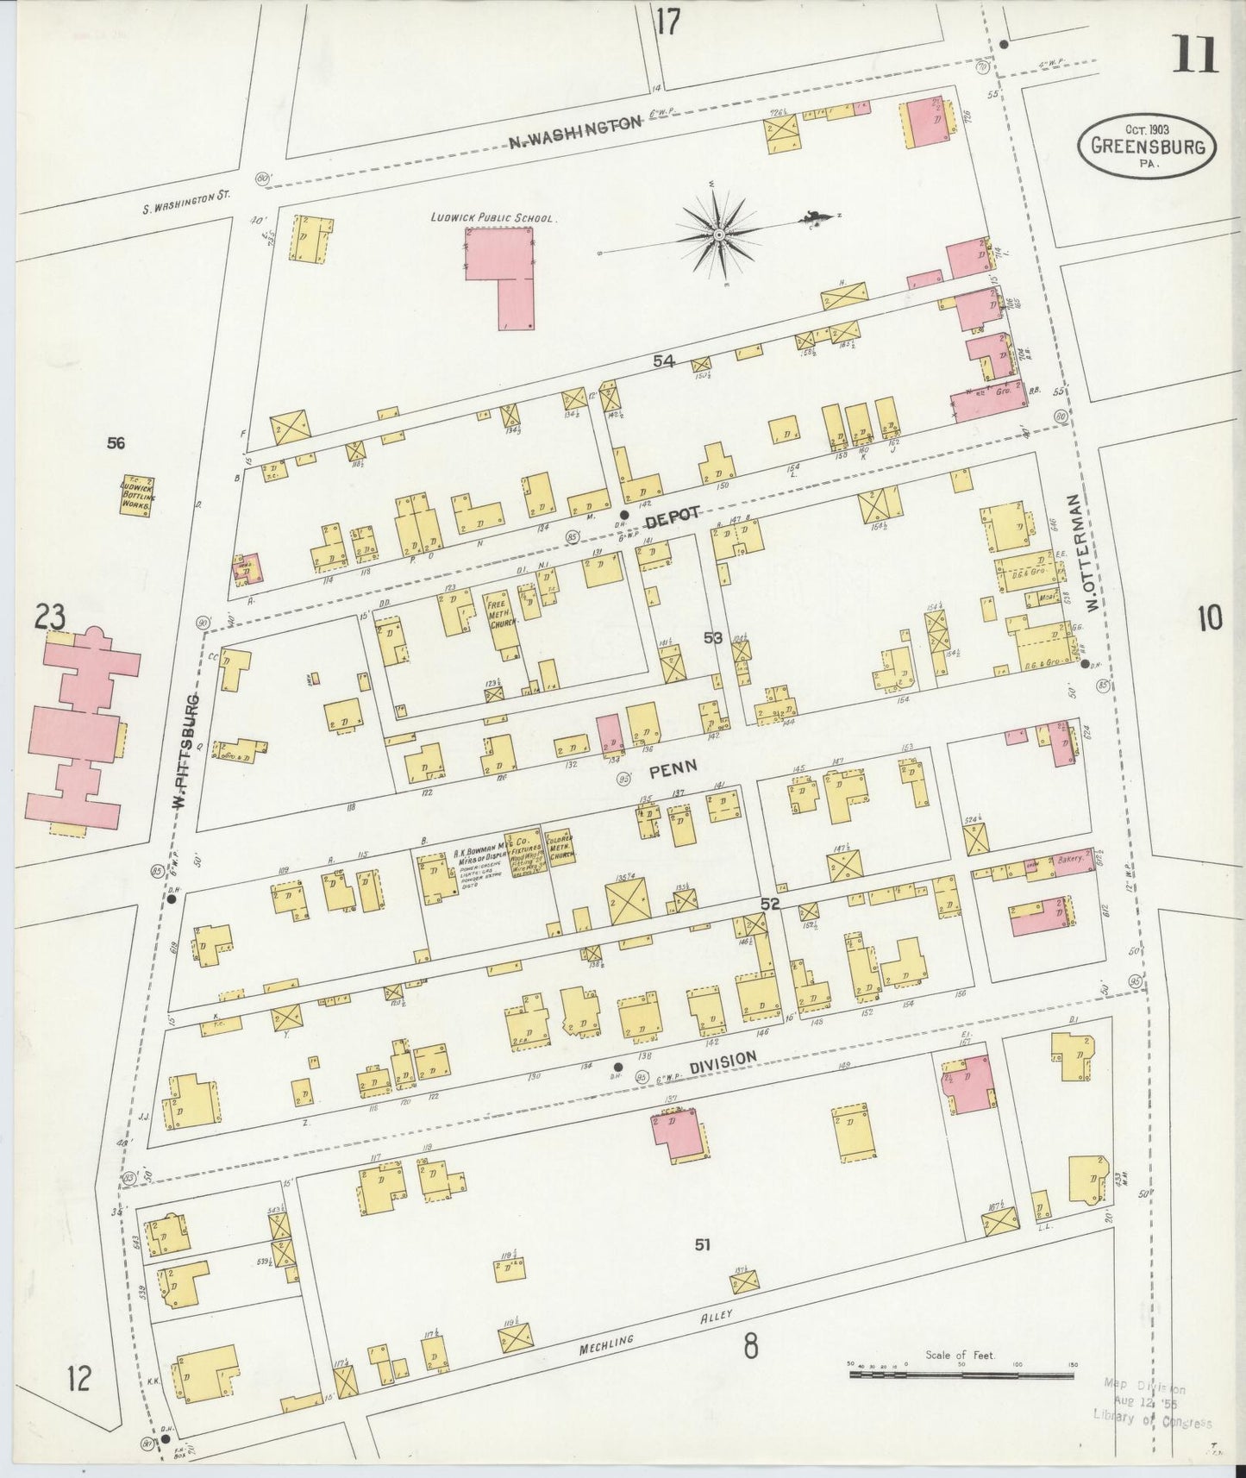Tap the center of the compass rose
(x=717, y=234)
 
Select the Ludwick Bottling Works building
(x=136, y=495)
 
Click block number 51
(x=703, y=1244)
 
